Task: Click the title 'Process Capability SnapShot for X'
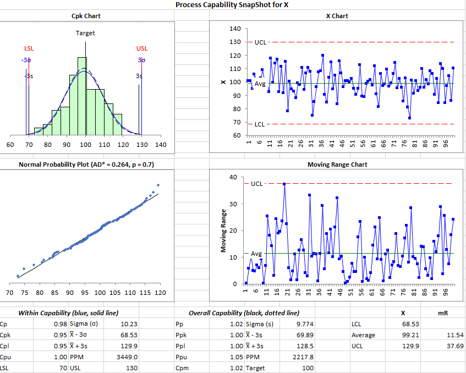pyautogui.click(x=232, y=5)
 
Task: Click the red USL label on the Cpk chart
pyautogui.click(x=141, y=49)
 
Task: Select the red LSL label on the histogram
pyautogui.click(x=29, y=49)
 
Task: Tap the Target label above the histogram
pyautogui.click(x=85, y=33)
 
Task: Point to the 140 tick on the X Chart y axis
pyautogui.click(x=235, y=29)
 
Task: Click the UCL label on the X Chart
pyautogui.click(x=260, y=42)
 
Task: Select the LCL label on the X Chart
pyautogui.click(x=260, y=124)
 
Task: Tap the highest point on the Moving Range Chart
pyautogui.click(x=284, y=184)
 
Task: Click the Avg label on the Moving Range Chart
pyautogui.click(x=256, y=254)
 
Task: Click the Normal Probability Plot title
pyautogui.click(x=85, y=164)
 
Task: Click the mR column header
pyautogui.click(x=442, y=312)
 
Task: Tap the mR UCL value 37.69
pyautogui.click(x=455, y=346)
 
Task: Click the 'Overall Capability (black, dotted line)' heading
pyautogui.click(x=244, y=312)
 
